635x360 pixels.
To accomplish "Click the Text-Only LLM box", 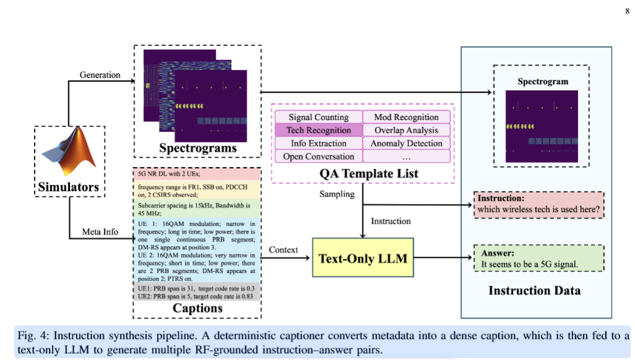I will click(x=362, y=258).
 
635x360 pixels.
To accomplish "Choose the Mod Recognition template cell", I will click(x=406, y=117).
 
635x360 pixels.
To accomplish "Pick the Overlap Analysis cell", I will click(x=406, y=130).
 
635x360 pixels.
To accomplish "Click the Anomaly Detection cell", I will click(x=406, y=144).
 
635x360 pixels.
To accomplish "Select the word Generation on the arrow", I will click(x=100, y=75).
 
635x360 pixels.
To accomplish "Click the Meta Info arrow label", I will click(x=100, y=231).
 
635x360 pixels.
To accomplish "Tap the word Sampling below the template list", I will click(x=337, y=194).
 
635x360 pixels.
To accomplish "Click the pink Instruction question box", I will click(x=538, y=205).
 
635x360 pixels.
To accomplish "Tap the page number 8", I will click(x=626, y=11).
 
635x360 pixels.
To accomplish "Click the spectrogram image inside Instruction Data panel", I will click(x=542, y=124).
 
